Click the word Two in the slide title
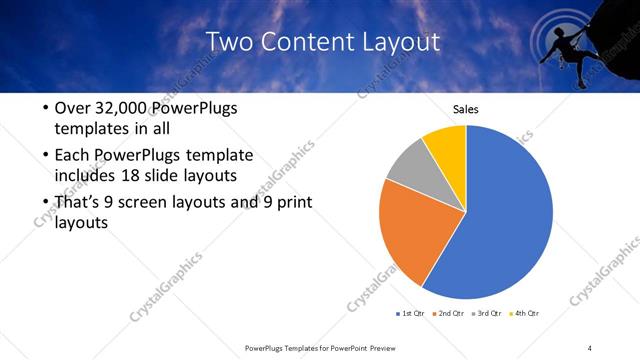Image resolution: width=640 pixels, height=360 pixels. pos(225,42)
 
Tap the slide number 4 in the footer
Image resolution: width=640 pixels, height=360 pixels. pos(590,347)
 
